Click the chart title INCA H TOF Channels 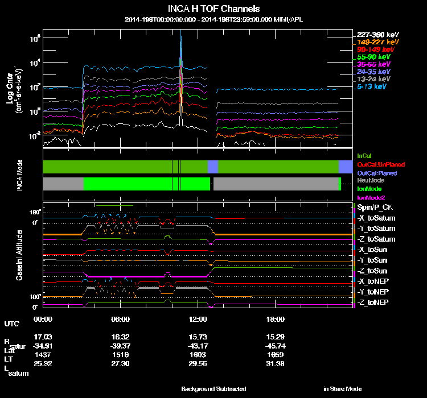click(x=213, y=9)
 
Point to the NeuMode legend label click(x=369, y=181)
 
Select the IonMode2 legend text click(x=371, y=196)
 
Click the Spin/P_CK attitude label click(x=375, y=208)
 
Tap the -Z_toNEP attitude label click(x=373, y=301)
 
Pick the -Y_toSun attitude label click(x=373, y=260)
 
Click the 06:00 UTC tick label click(x=121, y=319)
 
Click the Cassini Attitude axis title click(x=19, y=255)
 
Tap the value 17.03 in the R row click(x=43, y=337)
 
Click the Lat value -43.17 click(x=199, y=346)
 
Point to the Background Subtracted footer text click(x=213, y=389)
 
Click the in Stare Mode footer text click(x=343, y=389)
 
